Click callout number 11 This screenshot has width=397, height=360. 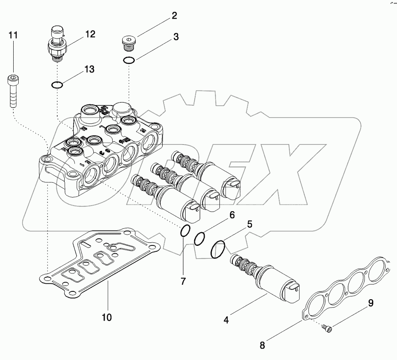[13, 35]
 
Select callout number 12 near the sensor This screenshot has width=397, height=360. [90, 34]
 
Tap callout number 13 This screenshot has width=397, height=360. [89, 69]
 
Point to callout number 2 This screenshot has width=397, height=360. [174, 16]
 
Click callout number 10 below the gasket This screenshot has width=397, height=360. [107, 317]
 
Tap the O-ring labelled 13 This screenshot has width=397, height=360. [57, 85]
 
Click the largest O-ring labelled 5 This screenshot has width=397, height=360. [218, 249]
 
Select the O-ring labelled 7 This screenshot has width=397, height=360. [185, 231]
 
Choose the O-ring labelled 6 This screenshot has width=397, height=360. [200, 239]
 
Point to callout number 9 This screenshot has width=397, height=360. [371, 303]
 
